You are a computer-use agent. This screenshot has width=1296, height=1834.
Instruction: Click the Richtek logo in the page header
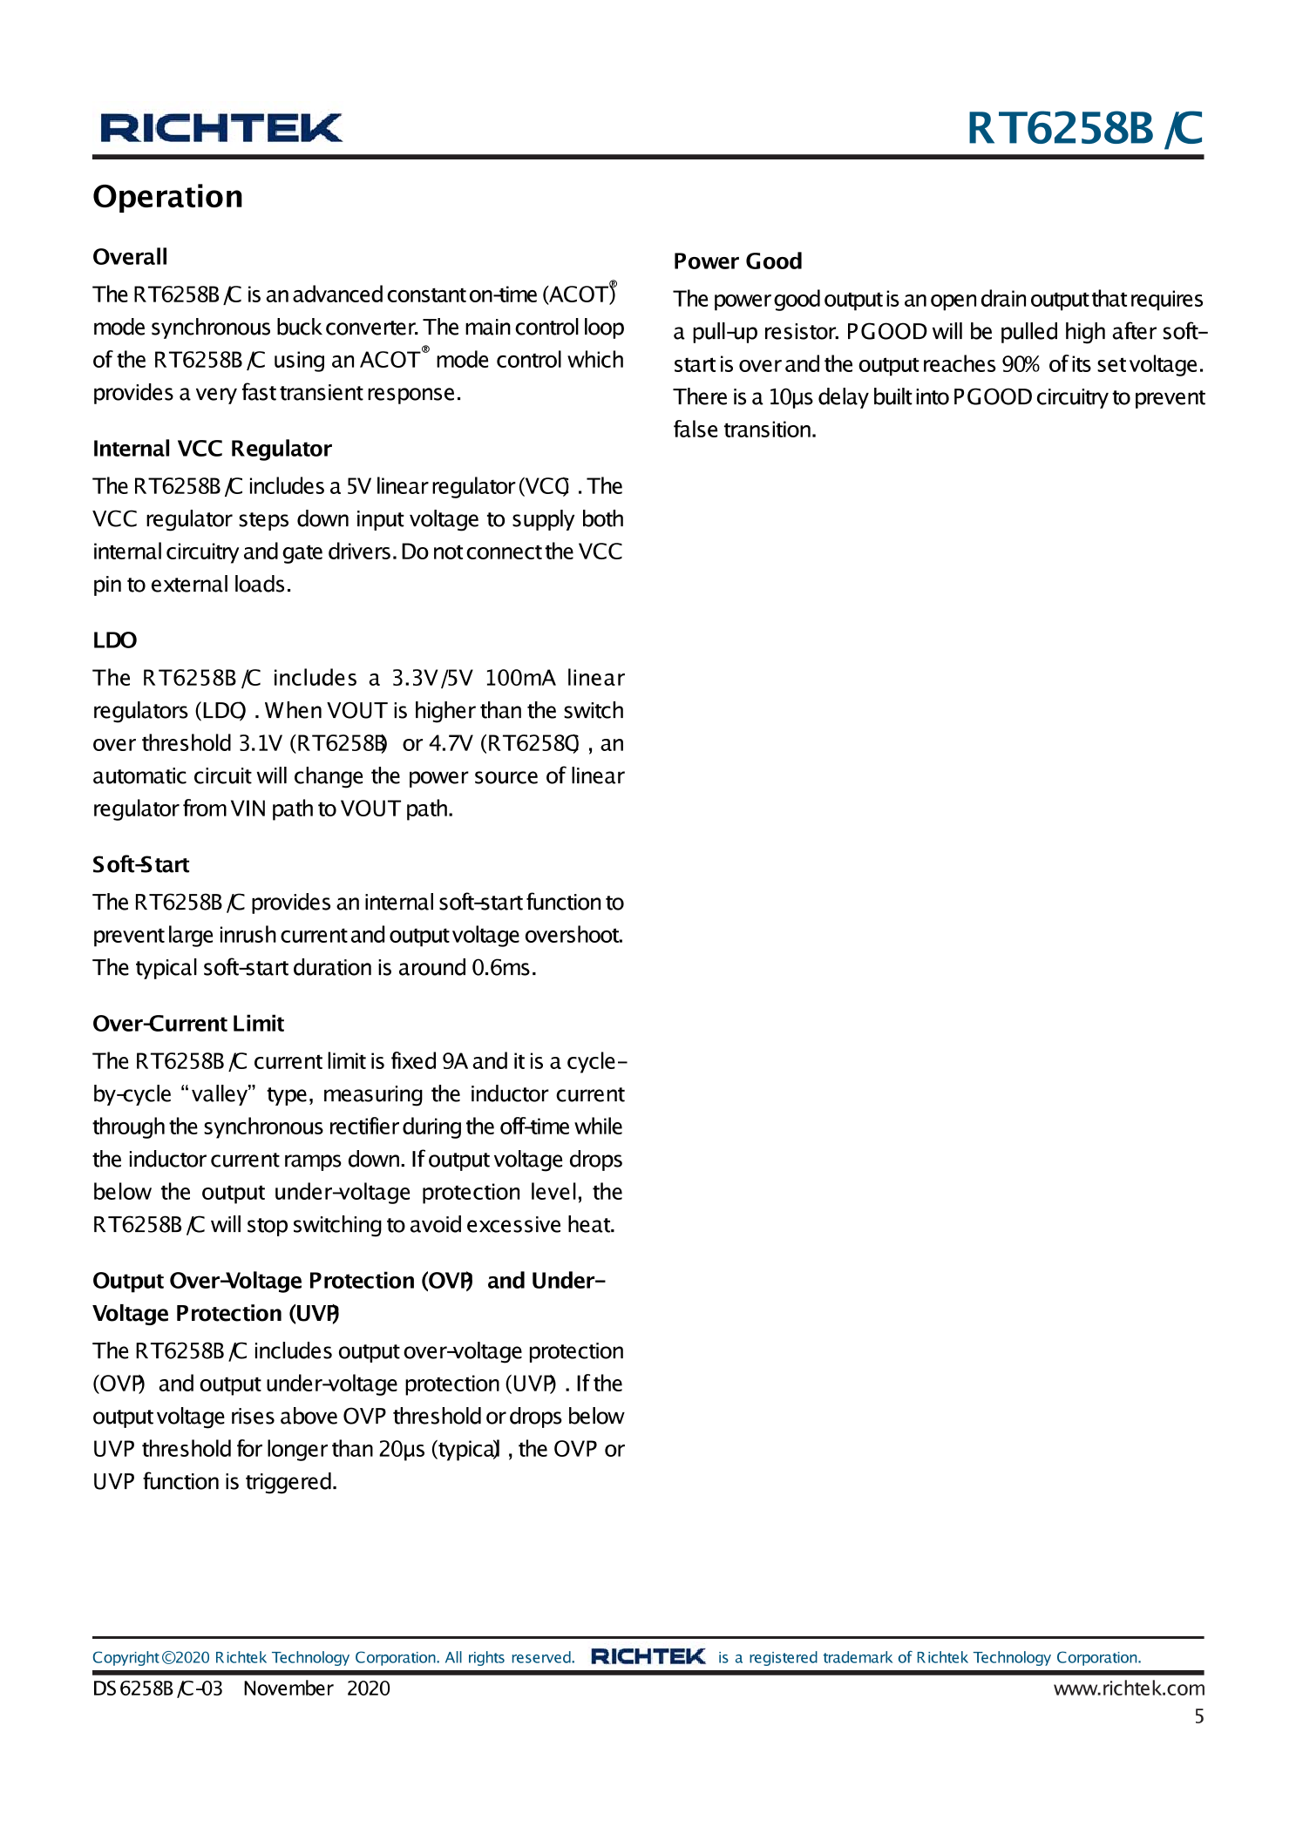(221, 128)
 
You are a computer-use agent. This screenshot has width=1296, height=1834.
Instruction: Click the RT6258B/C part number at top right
(1084, 129)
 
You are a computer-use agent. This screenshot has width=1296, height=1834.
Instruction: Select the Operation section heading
(168, 197)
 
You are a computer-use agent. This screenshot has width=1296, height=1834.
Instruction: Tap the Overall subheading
(130, 257)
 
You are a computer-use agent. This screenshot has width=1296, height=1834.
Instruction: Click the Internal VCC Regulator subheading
(212, 449)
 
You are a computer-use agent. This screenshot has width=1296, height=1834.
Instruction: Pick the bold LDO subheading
(115, 640)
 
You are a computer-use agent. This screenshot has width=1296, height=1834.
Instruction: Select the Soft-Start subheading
(141, 864)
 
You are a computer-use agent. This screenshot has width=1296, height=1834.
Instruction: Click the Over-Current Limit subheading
(188, 1024)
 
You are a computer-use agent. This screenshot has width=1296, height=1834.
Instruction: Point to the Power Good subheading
(737, 261)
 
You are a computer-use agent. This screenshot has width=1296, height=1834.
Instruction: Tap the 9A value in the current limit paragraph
(455, 1061)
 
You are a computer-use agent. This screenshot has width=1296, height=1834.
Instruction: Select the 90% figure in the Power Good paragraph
(1020, 364)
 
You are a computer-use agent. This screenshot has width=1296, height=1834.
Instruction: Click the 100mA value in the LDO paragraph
(520, 678)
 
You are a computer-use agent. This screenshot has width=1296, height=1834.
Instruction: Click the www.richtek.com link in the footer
(1129, 1688)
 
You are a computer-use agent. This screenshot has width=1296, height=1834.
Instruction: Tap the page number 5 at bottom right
(1199, 1716)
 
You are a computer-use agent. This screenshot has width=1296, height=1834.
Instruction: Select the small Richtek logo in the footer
(648, 1656)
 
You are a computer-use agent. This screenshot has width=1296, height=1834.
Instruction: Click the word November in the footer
(288, 1688)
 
